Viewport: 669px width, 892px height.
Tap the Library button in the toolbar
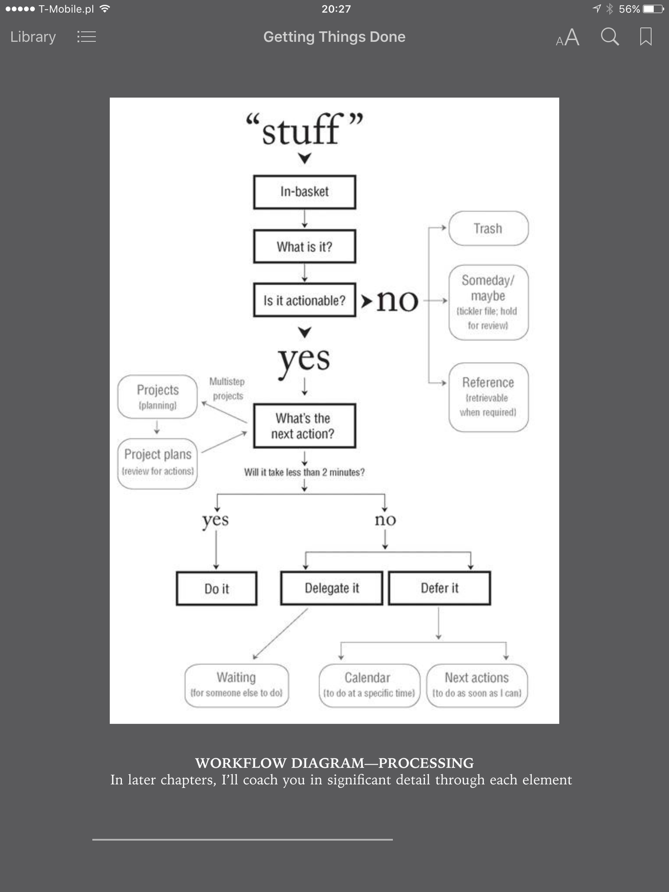coord(33,37)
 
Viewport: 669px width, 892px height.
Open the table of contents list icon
coord(86,37)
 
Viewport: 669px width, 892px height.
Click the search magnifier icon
coord(609,37)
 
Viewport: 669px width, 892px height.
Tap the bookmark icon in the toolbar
coord(645,37)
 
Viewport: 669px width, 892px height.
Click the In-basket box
coord(304,192)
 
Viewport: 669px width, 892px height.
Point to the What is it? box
coord(304,246)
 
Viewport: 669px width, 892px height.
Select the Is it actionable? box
coord(304,300)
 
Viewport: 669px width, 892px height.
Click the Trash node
coord(488,229)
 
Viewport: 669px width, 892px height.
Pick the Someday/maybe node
coord(488,302)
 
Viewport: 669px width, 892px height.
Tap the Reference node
coord(488,397)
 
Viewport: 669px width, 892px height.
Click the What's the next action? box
coord(304,426)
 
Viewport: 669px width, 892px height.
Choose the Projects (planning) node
coord(157,397)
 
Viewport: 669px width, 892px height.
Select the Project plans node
coord(157,463)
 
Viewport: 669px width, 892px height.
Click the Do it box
coord(217,588)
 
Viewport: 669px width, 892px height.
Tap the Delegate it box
coord(331,588)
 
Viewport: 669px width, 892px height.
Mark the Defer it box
coord(439,588)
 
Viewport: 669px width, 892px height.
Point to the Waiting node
coord(236,685)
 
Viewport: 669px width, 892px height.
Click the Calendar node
coord(369,685)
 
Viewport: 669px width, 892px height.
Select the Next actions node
coord(476,685)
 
